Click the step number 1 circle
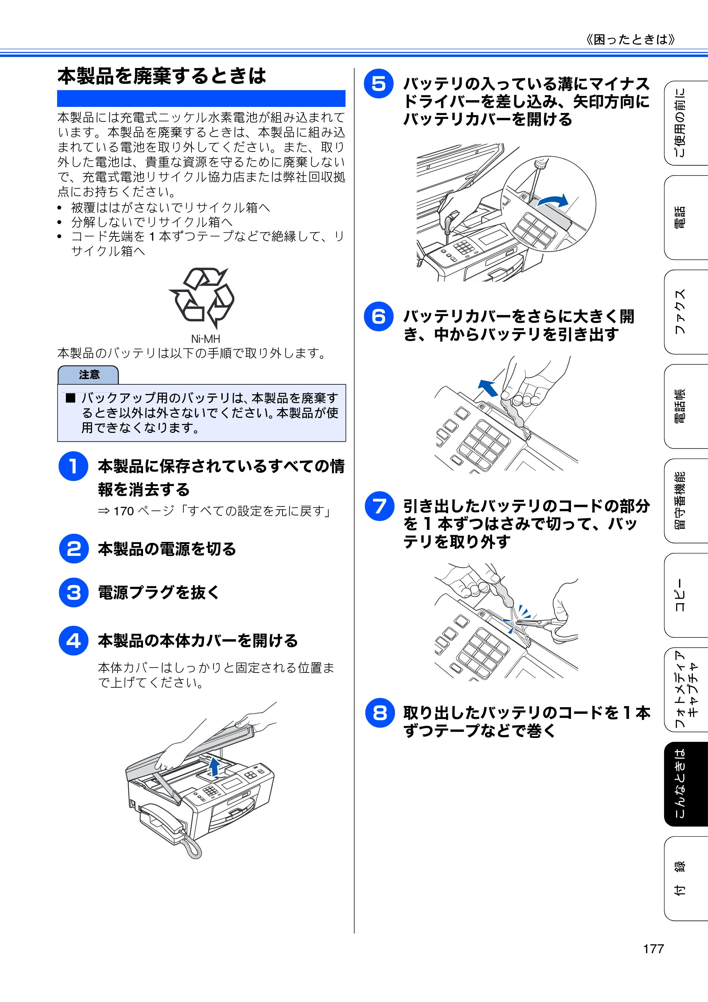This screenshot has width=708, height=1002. (x=73, y=466)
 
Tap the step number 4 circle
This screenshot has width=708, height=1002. (x=73, y=640)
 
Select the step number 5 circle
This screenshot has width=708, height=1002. (x=378, y=84)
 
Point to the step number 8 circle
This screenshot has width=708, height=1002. (x=380, y=713)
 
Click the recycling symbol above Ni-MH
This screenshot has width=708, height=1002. (x=202, y=298)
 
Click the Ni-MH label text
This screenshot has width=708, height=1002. (x=206, y=339)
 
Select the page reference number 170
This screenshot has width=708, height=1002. (x=124, y=511)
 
